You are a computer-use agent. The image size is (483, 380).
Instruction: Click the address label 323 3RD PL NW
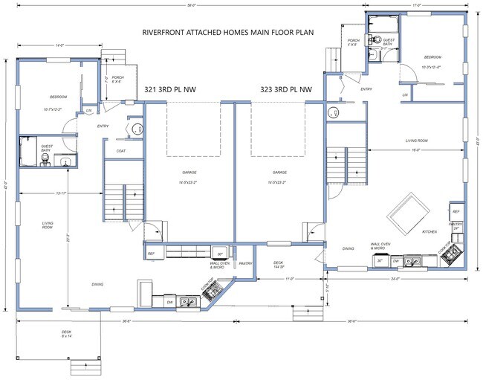[285, 89]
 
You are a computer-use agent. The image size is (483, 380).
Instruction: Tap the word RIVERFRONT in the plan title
[165, 33]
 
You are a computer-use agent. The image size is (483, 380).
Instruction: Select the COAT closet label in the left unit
[120, 151]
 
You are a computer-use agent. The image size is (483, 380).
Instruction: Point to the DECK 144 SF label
[278, 264]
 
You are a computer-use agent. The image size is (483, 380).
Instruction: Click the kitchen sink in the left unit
[189, 302]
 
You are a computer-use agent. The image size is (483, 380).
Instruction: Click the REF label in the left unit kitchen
[151, 254]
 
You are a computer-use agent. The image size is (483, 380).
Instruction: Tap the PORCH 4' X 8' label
[353, 42]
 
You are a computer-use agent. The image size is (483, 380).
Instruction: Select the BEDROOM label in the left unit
[59, 97]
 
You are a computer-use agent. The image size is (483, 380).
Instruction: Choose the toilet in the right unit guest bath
[377, 39]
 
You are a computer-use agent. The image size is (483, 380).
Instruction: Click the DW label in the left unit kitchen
[169, 302]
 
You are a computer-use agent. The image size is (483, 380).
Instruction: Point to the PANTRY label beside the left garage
[244, 263]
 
